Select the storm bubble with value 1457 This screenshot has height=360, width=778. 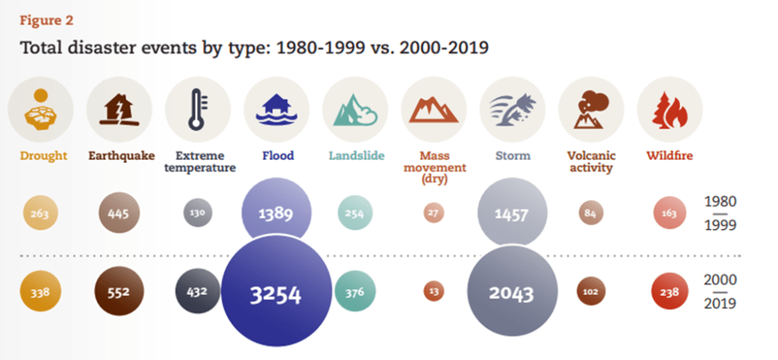point(511,215)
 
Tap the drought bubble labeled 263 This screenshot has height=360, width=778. point(40,214)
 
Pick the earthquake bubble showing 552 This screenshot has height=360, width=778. point(120,292)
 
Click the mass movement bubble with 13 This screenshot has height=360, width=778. point(433,292)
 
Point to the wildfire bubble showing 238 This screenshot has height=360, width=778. point(669,292)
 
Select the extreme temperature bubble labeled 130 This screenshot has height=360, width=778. point(198,214)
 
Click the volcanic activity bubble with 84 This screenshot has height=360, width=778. point(590,214)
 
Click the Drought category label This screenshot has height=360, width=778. point(40,156)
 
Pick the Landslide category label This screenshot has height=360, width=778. point(355,156)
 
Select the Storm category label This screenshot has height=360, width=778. point(511,156)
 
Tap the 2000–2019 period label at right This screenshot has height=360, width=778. point(720,292)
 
